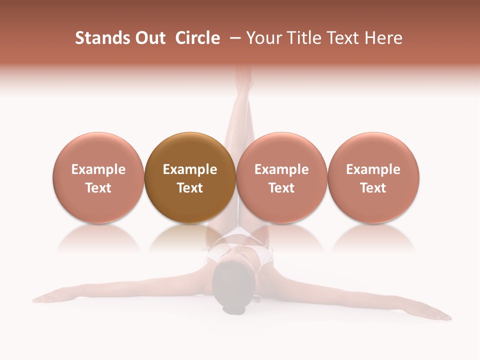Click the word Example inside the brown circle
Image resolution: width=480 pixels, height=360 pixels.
click(x=190, y=169)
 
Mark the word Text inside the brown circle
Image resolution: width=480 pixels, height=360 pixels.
click(x=190, y=188)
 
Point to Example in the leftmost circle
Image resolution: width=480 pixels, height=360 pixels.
click(x=98, y=169)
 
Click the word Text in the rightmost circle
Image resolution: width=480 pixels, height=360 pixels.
click(x=373, y=188)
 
